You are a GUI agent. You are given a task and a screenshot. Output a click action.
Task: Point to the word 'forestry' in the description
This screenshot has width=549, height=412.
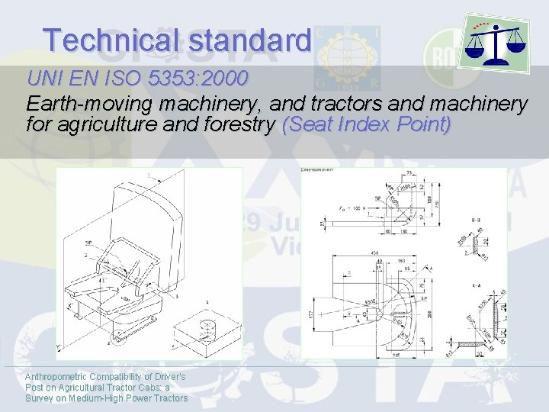point(241,124)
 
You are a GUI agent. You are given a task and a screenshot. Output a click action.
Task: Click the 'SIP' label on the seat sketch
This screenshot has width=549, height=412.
point(89,243)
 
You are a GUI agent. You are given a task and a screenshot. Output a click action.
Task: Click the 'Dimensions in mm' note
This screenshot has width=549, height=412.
point(319,172)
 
